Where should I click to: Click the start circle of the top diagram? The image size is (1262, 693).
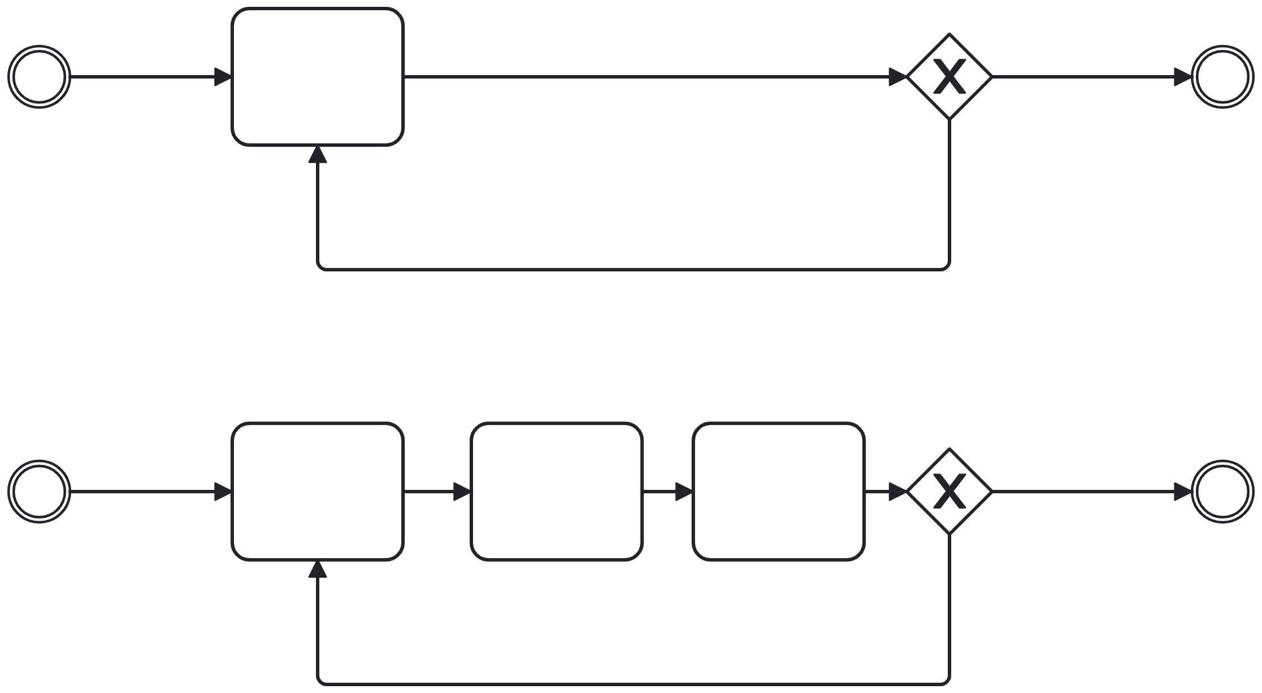click(x=39, y=77)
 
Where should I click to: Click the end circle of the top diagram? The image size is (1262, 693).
click(x=1223, y=77)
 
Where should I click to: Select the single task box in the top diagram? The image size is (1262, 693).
click(x=318, y=77)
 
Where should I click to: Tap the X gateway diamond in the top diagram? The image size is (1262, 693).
click(x=949, y=77)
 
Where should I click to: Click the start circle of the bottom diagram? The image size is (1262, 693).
click(x=39, y=492)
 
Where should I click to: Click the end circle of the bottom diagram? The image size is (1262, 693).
click(x=1223, y=492)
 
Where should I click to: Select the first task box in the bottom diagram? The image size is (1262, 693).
click(x=318, y=492)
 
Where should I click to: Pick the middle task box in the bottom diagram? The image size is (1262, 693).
click(x=557, y=492)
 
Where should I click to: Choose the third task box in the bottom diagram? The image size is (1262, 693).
click(x=779, y=492)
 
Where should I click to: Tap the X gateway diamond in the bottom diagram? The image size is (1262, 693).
click(x=949, y=492)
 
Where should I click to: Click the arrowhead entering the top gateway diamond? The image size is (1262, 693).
click(x=898, y=77)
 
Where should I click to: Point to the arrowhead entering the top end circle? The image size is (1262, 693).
click(x=1183, y=77)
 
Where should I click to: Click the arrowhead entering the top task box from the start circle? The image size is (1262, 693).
click(x=223, y=77)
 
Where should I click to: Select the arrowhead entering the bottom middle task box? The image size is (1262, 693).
click(x=462, y=492)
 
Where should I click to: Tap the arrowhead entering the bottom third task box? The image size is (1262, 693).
click(x=684, y=492)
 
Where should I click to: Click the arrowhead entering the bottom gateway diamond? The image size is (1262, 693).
click(x=898, y=492)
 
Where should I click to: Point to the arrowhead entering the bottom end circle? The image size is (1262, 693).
click(x=1183, y=492)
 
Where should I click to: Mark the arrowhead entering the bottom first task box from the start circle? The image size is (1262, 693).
click(x=223, y=492)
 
